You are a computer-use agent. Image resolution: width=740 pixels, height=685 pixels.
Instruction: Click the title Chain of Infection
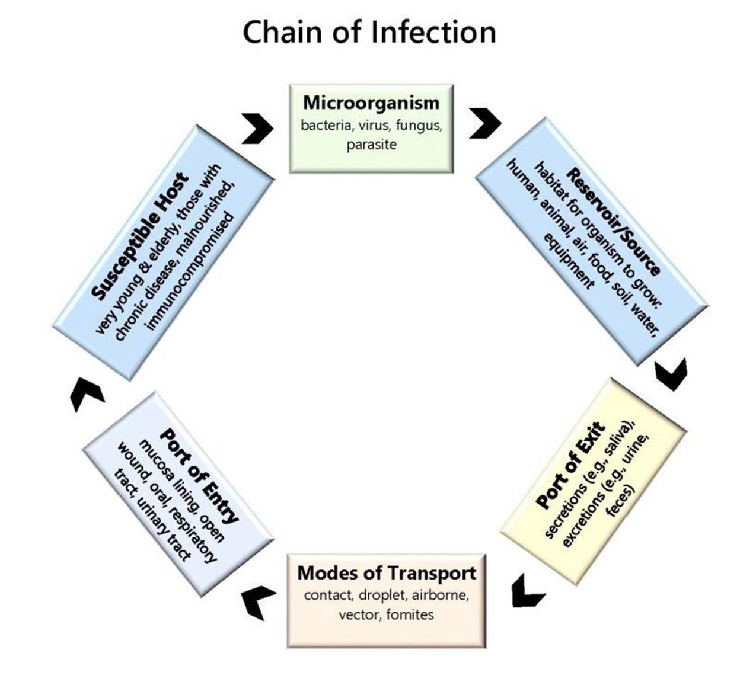pos(369,32)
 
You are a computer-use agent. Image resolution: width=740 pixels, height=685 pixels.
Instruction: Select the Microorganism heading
pos(371,103)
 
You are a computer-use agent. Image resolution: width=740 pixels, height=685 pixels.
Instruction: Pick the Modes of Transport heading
pos(386,573)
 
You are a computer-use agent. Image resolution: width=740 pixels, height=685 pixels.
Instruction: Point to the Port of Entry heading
pos(199,474)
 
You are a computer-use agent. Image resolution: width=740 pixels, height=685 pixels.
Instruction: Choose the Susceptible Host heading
pos(141,235)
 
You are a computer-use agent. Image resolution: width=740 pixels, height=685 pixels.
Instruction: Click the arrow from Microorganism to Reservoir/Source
pos(485,123)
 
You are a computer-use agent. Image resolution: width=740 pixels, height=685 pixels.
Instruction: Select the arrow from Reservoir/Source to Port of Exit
pos(672,374)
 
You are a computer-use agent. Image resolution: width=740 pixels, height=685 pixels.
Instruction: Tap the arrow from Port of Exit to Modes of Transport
pos(527,591)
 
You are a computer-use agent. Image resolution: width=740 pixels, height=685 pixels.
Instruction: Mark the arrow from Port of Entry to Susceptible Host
pos(86,394)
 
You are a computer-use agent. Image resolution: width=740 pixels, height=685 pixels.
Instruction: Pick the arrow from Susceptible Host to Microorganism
pos(258,127)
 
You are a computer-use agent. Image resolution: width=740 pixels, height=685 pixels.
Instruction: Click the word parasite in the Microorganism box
pos(371,144)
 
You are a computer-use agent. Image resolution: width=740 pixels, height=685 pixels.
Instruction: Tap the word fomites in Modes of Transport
pos(410,614)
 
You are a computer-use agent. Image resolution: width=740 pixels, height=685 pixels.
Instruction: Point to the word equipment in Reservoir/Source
pos(569,261)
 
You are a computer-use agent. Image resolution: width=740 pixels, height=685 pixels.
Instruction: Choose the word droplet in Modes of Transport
pos(380,595)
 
